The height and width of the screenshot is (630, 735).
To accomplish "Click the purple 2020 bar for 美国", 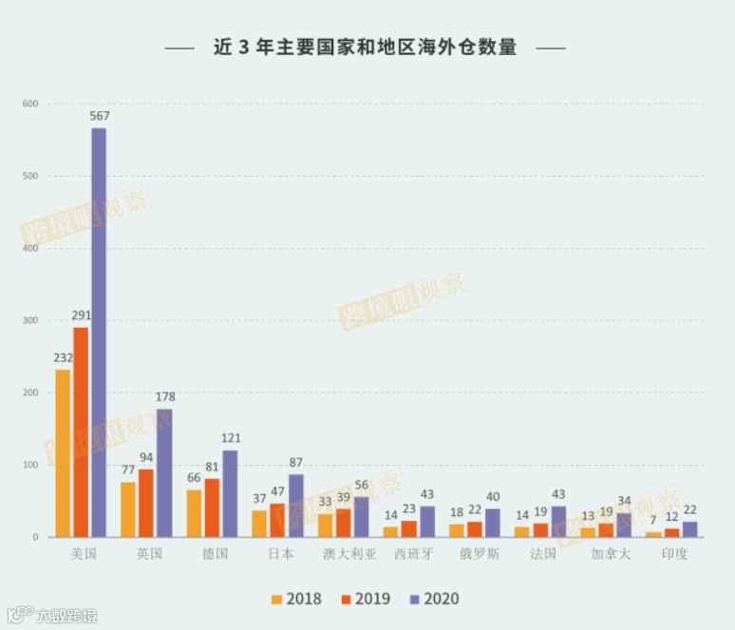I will click(x=99, y=333).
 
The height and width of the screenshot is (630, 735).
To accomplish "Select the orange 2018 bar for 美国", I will click(x=63, y=453).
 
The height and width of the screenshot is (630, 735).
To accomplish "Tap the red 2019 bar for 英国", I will click(x=146, y=503).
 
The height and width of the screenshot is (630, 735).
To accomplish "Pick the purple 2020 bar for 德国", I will click(x=230, y=493).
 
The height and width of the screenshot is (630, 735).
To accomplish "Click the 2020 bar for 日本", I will click(x=296, y=506).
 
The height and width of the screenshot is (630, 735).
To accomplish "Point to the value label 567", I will click(x=100, y=116).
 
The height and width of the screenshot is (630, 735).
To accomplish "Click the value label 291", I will click(x=81, y=315).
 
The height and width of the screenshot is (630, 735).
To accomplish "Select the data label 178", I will click(x=165, y=396).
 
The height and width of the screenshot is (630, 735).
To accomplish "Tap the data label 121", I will click(x=231, y=438).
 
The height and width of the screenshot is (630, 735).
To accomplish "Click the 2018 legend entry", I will click(x=295, y=599).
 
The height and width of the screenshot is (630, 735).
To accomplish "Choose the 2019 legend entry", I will click(x=365, y=599).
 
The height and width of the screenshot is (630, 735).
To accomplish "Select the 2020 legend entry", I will click(x=434, y=599).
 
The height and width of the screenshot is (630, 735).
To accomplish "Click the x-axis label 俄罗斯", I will click(x=479, y=553).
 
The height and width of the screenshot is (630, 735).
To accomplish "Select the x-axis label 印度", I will click(x=675, y=553).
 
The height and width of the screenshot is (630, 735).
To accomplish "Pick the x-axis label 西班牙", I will click(x=413, y=553).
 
